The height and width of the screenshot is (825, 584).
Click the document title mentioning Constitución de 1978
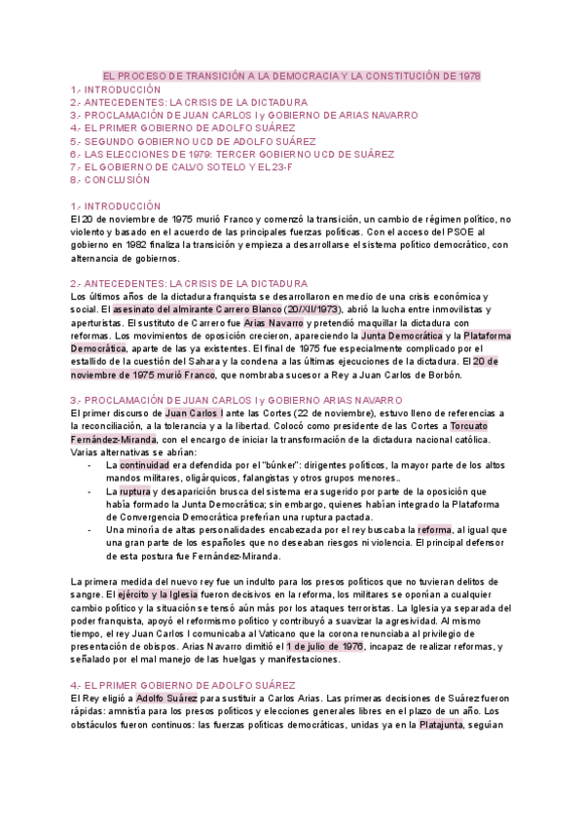tap(291, 76)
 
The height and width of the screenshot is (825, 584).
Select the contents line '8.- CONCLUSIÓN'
tap(110, 180)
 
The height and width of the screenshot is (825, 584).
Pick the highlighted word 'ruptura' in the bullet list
tap(134, 491)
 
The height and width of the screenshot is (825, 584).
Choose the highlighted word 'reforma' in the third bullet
tap(434, 529)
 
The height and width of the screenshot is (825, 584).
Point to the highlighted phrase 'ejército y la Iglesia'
tap(162, 592)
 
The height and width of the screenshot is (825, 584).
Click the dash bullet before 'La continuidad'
tap(90, 465)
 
